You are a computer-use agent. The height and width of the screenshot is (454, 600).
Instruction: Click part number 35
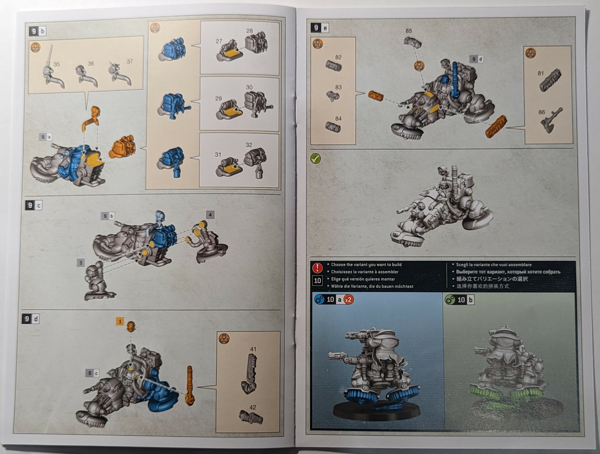pos(57,64)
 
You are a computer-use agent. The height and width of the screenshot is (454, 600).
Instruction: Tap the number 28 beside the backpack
pos(249,31)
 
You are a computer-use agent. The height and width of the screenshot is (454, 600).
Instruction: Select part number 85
pos(409,31)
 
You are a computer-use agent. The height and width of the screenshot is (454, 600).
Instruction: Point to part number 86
pos(542,112)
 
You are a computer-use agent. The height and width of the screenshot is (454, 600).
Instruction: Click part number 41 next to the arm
pos(253,349)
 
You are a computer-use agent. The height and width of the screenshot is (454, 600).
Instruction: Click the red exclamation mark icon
pos(317,268)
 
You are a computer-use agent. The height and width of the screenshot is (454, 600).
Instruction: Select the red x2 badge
pos(348,300)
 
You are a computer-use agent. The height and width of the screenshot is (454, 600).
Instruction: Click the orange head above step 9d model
pos(131,326)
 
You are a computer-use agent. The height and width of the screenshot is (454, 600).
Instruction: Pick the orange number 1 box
pos(120,321)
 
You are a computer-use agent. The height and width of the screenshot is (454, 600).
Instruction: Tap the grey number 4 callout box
pos(210,215)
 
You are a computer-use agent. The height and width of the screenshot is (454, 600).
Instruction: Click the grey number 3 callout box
pos(81,263)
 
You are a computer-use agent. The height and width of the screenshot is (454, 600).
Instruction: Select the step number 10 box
pos(317,281)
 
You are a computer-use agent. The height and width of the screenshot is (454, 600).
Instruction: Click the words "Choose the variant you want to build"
pos(366,265)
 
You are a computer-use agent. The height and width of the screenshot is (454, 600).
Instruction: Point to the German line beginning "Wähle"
pos(372,286)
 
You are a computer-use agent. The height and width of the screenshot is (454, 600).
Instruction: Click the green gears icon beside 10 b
pos(450,300)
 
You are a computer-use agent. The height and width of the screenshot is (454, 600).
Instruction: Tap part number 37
pos(130,62)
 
